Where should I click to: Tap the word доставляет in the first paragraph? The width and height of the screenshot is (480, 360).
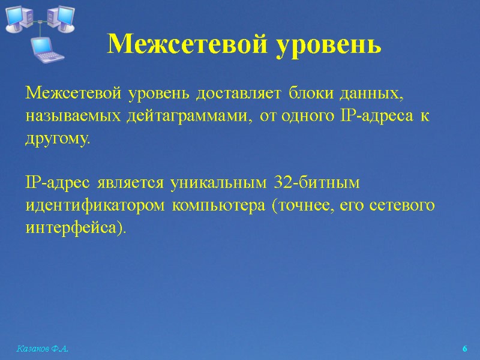pos(239,94)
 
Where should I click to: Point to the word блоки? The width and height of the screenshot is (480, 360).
pos(310,94)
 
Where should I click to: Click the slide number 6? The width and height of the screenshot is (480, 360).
pos(464,349)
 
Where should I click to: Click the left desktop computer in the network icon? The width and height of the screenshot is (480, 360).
pos(20,17)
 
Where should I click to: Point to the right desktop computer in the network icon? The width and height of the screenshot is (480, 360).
pos(60,17)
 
